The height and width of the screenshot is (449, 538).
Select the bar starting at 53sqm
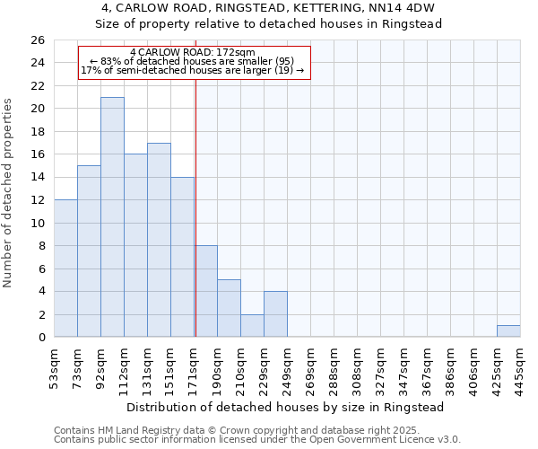pos(65,269)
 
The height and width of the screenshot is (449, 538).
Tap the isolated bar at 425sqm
pos(508,331)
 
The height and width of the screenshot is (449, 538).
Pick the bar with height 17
pos(159,240)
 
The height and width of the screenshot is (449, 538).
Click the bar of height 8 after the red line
pos(205,292)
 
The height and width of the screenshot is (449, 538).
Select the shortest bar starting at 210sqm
pos(252,326)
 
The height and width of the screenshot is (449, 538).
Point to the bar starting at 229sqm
pos(275,314)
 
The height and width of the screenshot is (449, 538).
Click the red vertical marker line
pos(195,207)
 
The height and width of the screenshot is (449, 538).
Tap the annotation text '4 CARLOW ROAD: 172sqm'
pos(193,53)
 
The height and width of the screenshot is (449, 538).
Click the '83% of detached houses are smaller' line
pos(193,61)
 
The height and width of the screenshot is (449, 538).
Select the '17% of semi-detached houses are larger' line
pos(193,70)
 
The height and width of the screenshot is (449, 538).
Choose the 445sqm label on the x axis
pos(520,366)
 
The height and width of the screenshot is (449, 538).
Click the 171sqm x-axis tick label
pos(194,366)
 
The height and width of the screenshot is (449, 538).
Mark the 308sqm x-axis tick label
pos(357,366)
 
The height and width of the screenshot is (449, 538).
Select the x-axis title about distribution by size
pos(286,407)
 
